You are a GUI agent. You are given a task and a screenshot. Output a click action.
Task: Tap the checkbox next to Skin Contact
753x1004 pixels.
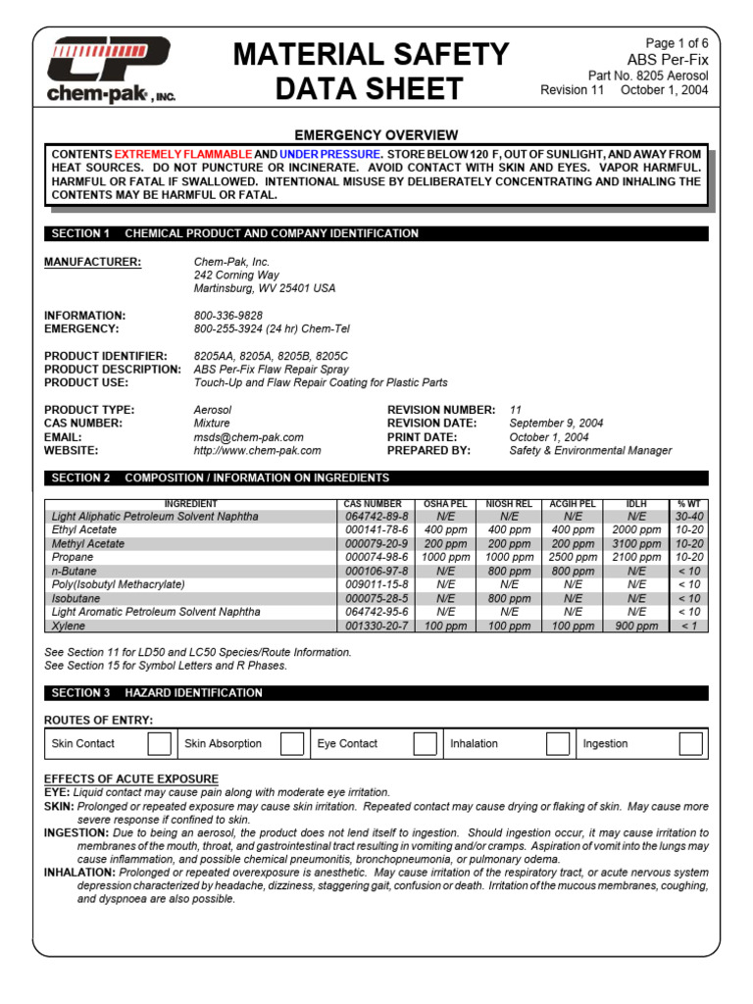159,743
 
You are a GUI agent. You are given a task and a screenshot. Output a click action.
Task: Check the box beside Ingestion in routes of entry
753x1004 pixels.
690,743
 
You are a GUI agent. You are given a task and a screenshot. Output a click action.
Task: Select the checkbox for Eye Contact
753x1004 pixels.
425,743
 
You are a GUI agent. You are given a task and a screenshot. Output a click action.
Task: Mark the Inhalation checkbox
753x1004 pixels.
558,743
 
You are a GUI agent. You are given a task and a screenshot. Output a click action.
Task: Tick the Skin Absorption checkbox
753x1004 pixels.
291,743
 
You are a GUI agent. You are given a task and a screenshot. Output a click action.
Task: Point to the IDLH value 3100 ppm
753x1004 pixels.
636,543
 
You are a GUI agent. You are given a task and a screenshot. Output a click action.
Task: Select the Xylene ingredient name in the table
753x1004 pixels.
69,626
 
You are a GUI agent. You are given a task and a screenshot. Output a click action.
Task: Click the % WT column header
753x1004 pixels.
688,504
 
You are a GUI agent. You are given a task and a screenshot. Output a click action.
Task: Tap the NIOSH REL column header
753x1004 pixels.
509,504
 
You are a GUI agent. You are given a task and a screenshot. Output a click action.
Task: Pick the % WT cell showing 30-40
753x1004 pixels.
688,516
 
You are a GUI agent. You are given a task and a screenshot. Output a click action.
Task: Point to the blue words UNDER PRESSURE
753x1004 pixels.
329,155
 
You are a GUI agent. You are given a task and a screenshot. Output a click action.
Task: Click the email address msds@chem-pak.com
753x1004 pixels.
248,437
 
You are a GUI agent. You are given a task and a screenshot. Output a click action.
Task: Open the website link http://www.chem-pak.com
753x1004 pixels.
257,451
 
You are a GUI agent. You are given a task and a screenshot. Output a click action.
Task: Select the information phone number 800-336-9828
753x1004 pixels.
228,316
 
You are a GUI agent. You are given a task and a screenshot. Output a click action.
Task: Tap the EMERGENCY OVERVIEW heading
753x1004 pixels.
376,135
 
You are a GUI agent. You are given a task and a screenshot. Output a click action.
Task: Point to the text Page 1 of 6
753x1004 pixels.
677,43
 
